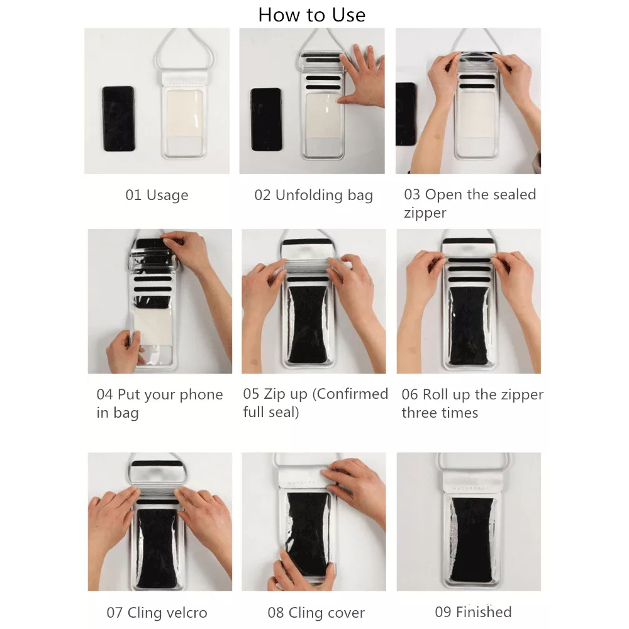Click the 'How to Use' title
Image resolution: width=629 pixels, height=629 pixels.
312,15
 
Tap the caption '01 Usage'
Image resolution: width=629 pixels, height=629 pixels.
157,196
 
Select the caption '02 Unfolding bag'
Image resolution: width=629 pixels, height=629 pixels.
314,196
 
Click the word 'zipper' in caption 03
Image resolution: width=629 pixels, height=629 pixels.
425,213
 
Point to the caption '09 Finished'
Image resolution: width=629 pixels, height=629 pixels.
474,612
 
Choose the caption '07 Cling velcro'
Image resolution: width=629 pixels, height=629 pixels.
157,613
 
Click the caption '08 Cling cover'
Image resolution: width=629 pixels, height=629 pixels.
316,613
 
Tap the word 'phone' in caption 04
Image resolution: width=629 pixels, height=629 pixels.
201,395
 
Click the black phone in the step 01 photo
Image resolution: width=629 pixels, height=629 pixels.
118,119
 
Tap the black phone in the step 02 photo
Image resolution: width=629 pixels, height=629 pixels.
266,120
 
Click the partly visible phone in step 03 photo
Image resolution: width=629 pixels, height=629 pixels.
406,114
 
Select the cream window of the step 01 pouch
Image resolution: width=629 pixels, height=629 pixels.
184,113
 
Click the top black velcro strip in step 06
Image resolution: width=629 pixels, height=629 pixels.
468,242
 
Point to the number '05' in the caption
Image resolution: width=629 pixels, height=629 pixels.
251,394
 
